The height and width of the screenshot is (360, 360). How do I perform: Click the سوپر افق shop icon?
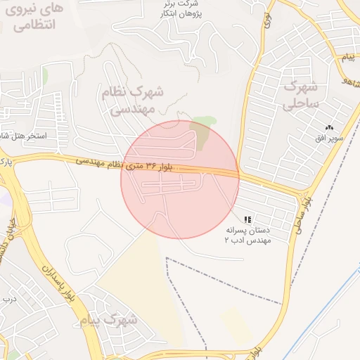pyautogui.click(x=329, y=127)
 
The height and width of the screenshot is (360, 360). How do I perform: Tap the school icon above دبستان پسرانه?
pyautogui.click(x=247, y=219)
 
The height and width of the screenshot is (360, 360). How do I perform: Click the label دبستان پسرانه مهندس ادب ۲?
pyautogui.click(x=247, y=235)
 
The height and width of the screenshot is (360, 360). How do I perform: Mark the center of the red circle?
pyautogui.click(x=180, y=179)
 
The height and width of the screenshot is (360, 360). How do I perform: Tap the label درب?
pyautogui.click(x=8, y=300)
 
